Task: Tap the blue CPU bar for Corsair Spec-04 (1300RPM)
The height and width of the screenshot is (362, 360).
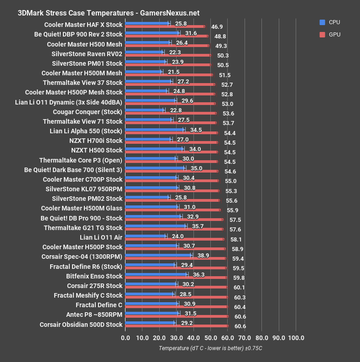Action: [158, 255]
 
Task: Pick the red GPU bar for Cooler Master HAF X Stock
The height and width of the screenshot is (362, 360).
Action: [165, 26]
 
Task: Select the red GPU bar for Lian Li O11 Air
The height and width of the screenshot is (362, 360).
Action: [174, 239]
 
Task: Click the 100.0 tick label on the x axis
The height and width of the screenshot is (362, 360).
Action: [296, 338]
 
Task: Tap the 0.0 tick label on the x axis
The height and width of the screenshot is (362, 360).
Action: [125, 338]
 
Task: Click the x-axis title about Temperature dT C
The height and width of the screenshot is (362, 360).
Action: [210, 348]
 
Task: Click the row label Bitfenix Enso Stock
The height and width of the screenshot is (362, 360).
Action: [94, 276]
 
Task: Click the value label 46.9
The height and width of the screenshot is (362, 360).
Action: [217, 27]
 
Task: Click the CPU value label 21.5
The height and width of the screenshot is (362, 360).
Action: [174, 73]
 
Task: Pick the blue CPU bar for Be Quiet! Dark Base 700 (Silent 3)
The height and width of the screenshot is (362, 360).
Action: [155, 168]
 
